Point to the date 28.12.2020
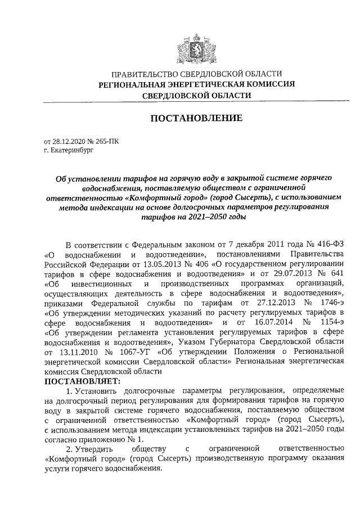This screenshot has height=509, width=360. [69, 142]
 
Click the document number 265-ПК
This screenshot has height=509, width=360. [106, 142]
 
